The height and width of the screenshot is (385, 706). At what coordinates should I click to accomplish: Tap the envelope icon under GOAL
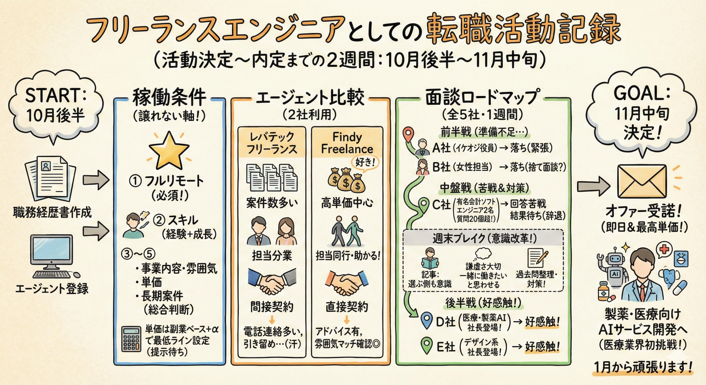(642, 181)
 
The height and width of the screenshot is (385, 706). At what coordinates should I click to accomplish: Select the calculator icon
(131, 339)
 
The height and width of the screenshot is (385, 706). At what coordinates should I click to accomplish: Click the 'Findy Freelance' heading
(347, 143)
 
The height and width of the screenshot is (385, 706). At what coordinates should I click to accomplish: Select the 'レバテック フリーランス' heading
(272, 143)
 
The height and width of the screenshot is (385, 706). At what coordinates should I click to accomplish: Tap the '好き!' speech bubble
(365, 163)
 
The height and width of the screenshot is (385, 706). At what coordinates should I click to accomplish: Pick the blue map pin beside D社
(426, 320)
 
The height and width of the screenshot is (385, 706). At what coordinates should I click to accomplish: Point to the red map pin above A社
(408, 133)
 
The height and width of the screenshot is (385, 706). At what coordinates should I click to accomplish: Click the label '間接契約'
(272, 307)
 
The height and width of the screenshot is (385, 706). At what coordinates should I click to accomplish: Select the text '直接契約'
(347, 307)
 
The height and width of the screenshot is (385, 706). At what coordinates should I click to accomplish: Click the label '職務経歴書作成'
(52, 213)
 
